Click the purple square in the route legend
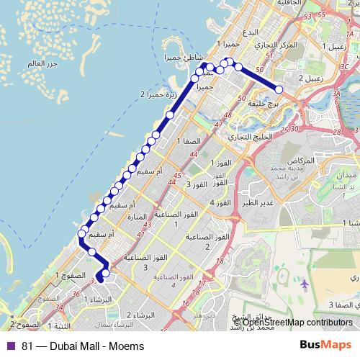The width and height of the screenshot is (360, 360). point(10,346)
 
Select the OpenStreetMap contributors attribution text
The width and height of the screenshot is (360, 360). point(292,322)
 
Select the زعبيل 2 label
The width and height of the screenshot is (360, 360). point(310,76)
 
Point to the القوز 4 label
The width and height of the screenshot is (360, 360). point(221,203)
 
